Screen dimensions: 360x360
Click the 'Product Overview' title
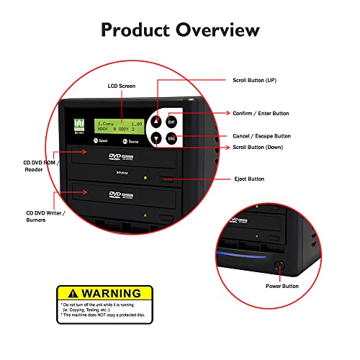180,30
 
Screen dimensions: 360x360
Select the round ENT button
172,121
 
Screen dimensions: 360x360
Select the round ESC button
172,138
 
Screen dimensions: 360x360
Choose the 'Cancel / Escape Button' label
261,135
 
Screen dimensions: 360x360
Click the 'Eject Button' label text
250,179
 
